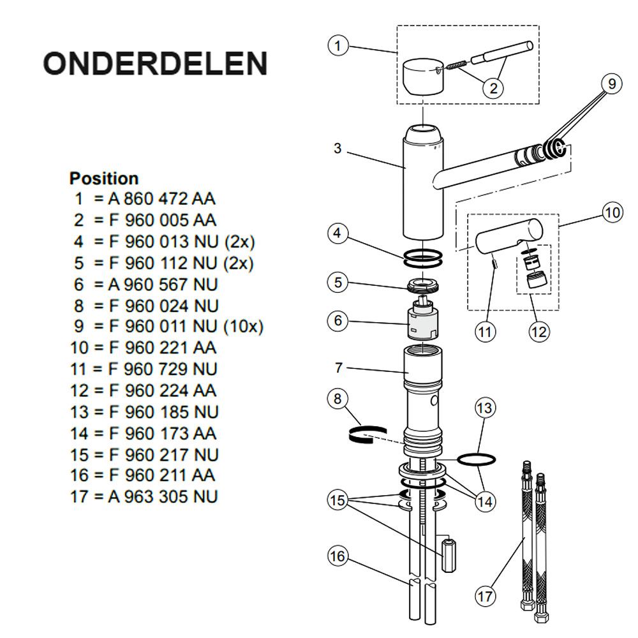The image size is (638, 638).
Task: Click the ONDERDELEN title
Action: (x=155, y=63)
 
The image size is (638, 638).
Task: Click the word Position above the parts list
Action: (x=104, y=179)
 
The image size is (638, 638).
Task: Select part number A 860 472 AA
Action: (x=161, y=199)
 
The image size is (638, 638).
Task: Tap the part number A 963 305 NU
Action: (x=163, y=497)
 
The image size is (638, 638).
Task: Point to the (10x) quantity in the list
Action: (x=244, y=327)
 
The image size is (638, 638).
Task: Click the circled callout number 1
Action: (x=338, y=45)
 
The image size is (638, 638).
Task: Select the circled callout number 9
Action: (x=612, y=84)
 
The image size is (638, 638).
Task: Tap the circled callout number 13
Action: (x=485, y=408)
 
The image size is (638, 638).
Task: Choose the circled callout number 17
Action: (x=485, y=597)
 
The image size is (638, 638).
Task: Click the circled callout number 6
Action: (x=338, y=321)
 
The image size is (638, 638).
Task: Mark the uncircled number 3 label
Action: (x=338, y=149)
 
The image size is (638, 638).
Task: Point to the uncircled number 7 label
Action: (x=339, y=368)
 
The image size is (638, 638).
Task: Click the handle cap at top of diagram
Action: (x=422, y=77)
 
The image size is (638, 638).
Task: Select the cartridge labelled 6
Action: (x=423, y=320)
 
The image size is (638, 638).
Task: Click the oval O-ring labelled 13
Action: (x=477, y=460)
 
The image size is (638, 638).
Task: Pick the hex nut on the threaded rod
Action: (x=449, y=555)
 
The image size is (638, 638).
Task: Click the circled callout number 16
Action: (x=338, y=556)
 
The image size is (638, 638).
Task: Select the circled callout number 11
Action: (x=485, y=332)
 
